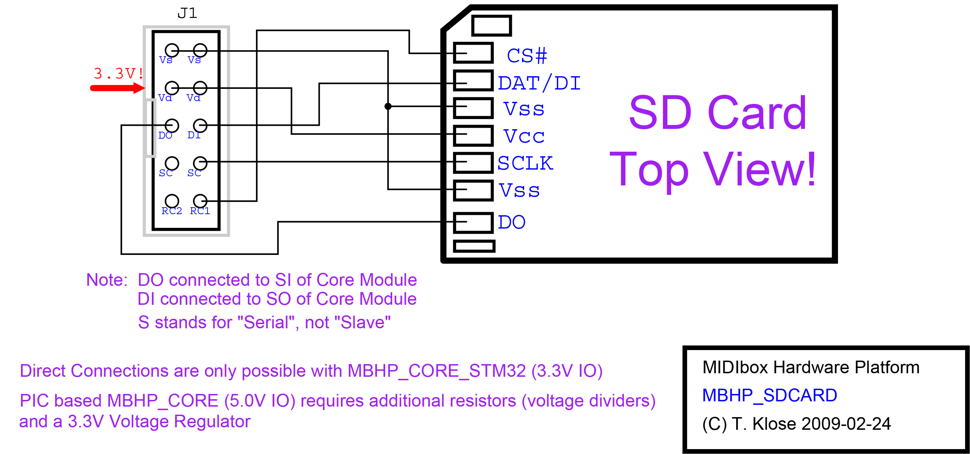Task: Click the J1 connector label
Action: click(187, 14)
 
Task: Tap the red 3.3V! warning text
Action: click(118, 73)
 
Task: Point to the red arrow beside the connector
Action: click(117, 88)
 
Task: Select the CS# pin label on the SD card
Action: click(526, 56)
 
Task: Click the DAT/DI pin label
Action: click(539, 83)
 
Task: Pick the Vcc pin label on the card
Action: click(524, 136)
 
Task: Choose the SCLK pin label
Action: click(525, 163)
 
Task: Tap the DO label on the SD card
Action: click(512, 222)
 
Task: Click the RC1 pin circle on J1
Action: click(200, 201)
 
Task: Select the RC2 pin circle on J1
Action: click(172, 201)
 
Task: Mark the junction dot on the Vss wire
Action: click(388, 107)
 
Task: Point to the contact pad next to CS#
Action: click(473, 53)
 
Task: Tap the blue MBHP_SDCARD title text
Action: click(769, 396)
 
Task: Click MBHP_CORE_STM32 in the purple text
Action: click(436, 371)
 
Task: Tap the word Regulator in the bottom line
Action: click(212, 421)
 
